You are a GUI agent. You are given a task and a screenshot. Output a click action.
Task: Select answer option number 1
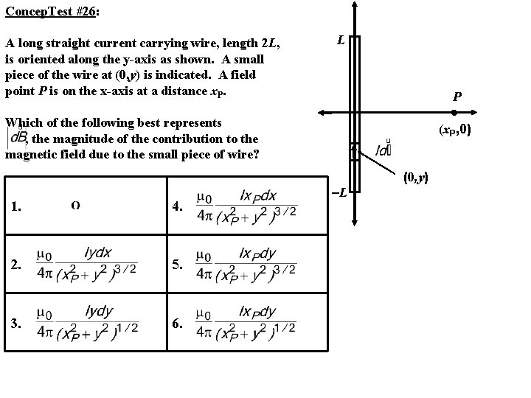click(x=15, y=206)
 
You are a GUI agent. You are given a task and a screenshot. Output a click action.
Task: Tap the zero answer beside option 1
click(x=76, y=205)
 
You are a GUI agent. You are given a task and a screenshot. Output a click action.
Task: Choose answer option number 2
click(x=15, y=264)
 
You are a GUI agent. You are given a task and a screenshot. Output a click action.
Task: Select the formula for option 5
click(x=246, y=263)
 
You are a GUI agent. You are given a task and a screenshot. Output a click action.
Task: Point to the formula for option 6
click(x=246, y=321)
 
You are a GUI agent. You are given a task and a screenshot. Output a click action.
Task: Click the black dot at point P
click(x=455, y=113)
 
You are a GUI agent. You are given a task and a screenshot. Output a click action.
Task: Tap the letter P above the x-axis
click(x=458, y=97)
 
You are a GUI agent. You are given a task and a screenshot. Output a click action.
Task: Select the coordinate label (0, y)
click(x=416, y=178)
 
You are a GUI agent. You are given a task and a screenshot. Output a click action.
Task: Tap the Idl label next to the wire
click(x=383, y=150)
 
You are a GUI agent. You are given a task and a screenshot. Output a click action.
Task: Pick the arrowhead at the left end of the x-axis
click(x=322, y=113)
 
